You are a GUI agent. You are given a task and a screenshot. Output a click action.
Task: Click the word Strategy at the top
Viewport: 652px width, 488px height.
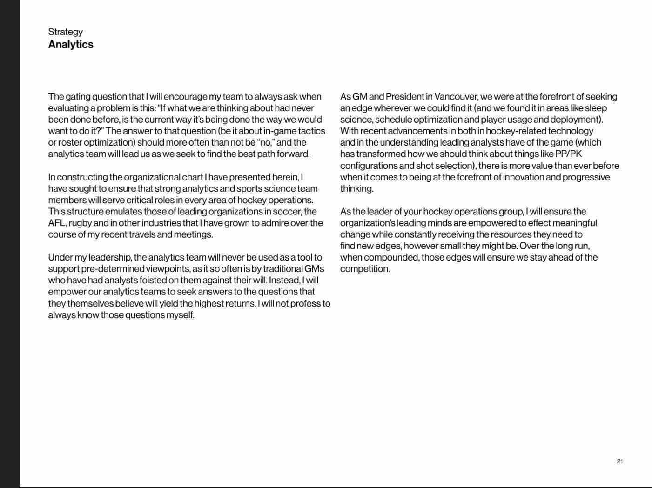(x=65, y=32)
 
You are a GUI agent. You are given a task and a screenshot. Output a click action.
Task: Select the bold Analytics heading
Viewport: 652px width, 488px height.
(x=71, y=44)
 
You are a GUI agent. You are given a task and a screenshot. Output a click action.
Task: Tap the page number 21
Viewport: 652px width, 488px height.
(x=619, y=461)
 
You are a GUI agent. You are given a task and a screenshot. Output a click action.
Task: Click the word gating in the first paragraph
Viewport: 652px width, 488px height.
(x=78, y=97)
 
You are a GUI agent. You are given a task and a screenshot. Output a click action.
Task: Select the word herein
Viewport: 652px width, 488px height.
(x=285, y=177)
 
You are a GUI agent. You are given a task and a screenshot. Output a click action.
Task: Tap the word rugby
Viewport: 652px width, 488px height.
(x=80, y=223)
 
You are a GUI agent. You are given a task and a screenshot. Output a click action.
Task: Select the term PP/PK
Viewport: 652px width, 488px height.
(x=568, y=154)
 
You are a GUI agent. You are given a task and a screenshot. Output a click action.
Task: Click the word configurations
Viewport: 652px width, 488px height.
(x=368, y=166)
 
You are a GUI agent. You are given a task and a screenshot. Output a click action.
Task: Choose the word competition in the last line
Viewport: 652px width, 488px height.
(x=365, y=269)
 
